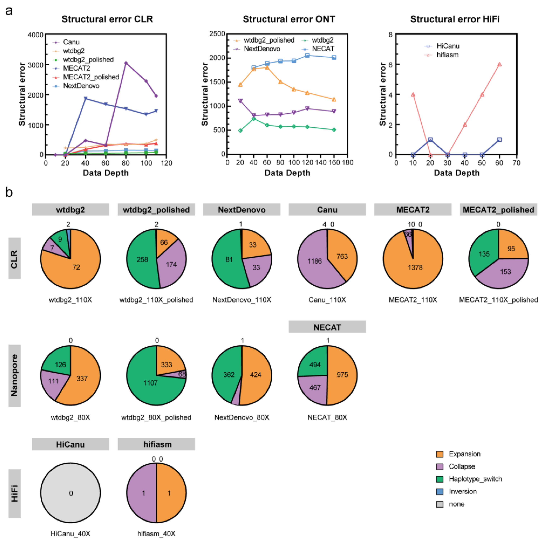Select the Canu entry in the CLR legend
[x=71, y=42]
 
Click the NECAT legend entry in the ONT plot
[x=323, y=49]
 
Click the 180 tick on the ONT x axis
[x=348, y=163]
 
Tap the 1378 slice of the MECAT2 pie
[x=415, y=268]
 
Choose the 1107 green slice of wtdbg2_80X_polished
[x=150, y=383]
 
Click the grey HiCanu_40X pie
[x=70, y=493]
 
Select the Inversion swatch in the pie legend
[x=440, y=491]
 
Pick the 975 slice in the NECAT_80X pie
[x=342, y=375]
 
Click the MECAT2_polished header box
[x=498, y=210]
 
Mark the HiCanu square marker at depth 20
[x=430, y=140]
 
